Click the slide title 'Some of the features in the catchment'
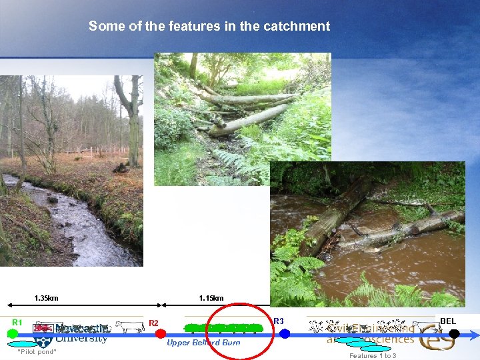click(x=209, y=27)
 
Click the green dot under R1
click(x=12, y=334)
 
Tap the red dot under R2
click(x=160, y=334)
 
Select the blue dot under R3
click(x=285, y=333)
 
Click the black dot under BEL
click(x=454, y=333)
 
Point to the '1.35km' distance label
click(x=46, y=298)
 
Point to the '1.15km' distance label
click(x=211, y=298)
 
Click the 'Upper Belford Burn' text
click(x=203, y=343)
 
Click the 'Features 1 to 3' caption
click(x=373, y=355)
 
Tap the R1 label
click(x=17, y=323)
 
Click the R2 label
click(x=153, y=323)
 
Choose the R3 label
click(x=279, y=321)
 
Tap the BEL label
click(x=448, y=321)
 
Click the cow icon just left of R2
click(x=129, y=327)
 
